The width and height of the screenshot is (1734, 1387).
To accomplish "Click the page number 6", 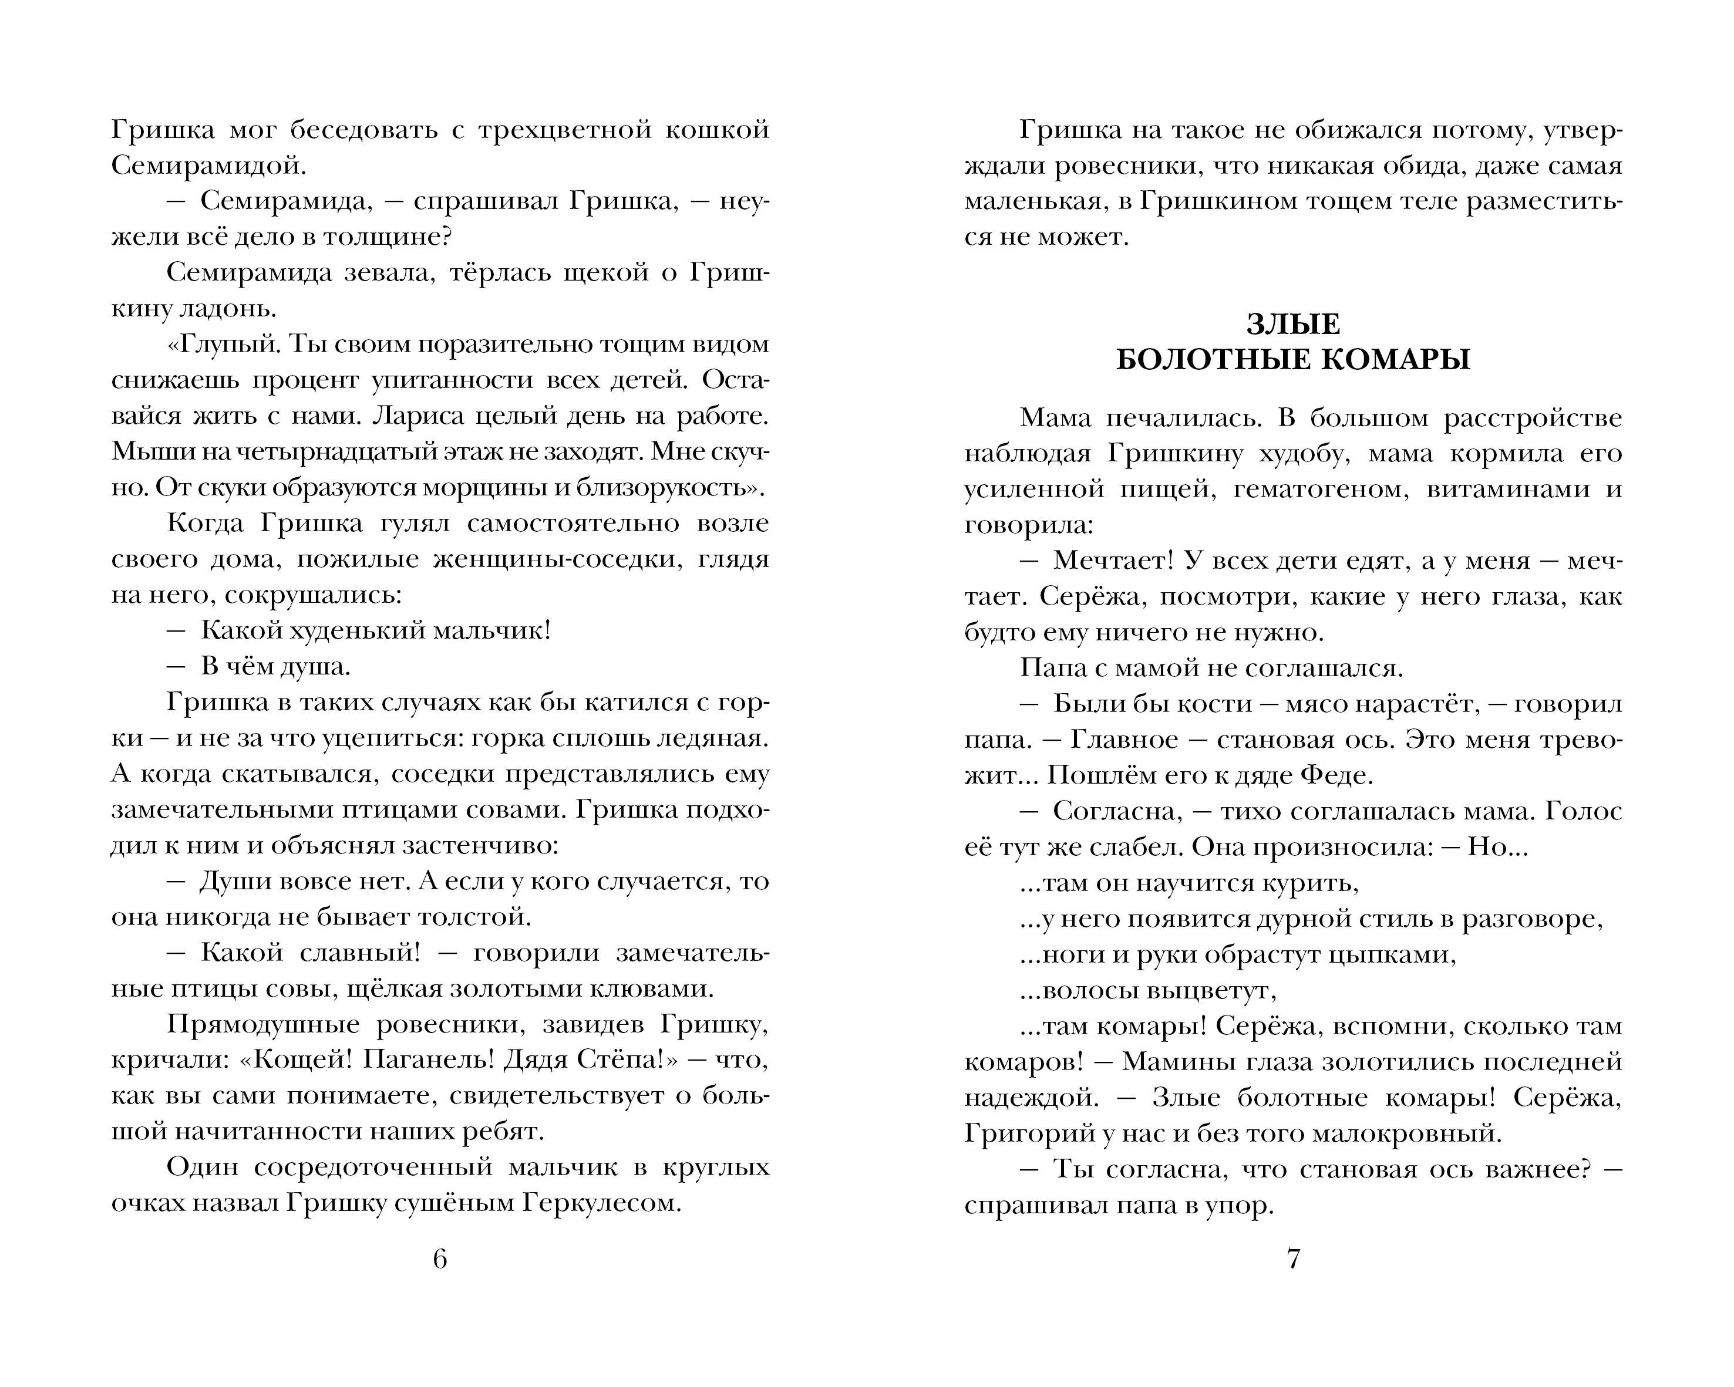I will click(439, 1258).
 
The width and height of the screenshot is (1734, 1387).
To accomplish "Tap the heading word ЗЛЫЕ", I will click(1293, 324).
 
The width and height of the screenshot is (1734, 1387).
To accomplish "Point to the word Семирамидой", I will click(207, 166).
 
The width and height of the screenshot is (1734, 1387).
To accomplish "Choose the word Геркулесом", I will click(602, 1203).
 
